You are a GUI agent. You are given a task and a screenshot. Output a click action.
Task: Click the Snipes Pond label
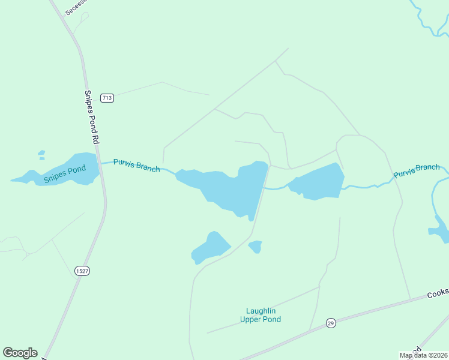click(x=65, y=173)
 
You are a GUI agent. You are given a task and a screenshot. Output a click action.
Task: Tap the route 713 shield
click(x=107, y=98)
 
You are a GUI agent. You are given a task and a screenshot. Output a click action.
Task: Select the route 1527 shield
click(x=83, y=271)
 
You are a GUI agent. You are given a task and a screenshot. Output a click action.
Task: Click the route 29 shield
click(x=330, y=323)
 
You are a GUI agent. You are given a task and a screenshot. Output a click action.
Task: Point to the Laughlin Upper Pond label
click(x=261, y=315)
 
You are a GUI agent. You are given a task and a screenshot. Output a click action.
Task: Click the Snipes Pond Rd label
click(x=91, y=116)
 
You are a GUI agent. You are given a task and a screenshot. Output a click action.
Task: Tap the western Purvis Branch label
click(x=137, y=166)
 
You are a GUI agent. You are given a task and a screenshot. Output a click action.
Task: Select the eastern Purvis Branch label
click(x=417, y=171)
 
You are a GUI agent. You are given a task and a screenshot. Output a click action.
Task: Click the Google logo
click(x=20, y=352)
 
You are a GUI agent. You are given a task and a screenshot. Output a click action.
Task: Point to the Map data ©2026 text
click(x=423, y=355)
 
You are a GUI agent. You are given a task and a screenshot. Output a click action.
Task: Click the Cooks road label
click(x=438, y=293)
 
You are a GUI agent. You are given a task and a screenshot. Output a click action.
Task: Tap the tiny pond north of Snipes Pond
click(x=41, y=155)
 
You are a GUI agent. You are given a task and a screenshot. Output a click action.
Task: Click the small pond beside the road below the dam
click(x=256, y=246)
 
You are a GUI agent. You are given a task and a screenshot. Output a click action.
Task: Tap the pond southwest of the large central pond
click(x=210, y=247)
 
